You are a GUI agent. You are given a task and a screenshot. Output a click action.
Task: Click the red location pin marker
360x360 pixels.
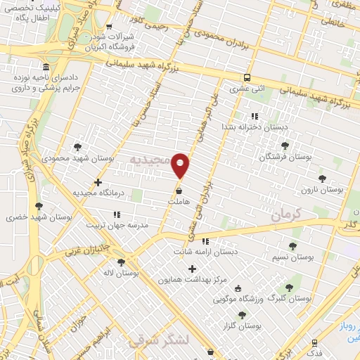181,165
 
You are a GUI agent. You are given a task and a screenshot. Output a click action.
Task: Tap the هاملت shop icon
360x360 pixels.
179,191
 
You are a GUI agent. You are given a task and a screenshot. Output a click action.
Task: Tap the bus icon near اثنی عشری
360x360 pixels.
247,78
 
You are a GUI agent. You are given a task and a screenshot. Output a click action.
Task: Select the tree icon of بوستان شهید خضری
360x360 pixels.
37,207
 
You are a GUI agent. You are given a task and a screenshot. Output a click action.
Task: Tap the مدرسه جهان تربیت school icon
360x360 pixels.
117,214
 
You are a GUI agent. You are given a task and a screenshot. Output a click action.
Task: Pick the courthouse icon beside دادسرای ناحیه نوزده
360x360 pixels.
46,74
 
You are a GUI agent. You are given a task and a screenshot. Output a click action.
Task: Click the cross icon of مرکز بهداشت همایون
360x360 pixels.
193,268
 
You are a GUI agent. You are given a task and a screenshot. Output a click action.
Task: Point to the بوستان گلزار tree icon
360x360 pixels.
243,316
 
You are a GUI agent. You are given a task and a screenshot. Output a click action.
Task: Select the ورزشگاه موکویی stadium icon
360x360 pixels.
237,288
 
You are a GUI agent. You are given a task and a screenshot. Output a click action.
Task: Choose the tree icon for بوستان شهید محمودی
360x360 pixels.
77,147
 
